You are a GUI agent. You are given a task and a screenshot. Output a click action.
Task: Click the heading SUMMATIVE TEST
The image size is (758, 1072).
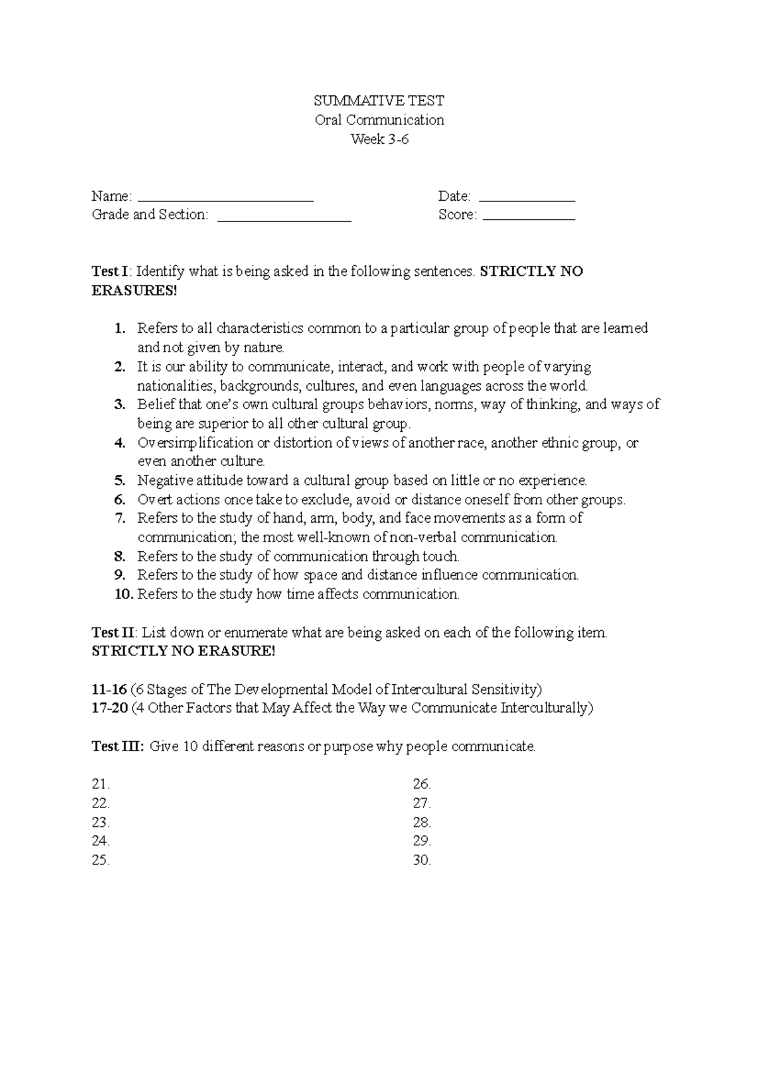(379, 101)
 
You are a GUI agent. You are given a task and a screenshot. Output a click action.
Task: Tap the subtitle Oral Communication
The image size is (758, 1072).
(379, 120)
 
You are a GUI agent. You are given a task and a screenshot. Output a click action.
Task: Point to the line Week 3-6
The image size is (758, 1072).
(379, 140)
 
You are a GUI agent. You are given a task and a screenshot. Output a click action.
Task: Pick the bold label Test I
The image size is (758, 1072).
(110, 272)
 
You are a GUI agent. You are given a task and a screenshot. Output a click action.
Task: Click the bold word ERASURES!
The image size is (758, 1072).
(135, 291)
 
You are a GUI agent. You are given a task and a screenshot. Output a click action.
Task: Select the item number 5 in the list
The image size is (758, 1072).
(120, 481)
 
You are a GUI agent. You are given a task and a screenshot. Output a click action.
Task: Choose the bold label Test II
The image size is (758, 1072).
(113, 633)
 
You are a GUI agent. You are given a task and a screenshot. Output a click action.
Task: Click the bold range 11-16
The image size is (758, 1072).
(109, 689)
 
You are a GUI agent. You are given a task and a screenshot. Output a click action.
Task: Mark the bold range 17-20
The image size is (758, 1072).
(109, 708)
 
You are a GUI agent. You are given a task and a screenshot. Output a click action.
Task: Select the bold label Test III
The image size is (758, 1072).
(117, 747)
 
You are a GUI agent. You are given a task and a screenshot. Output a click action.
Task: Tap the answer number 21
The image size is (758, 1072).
(100, 785)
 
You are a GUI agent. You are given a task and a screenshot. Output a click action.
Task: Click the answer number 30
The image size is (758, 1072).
(421, 861)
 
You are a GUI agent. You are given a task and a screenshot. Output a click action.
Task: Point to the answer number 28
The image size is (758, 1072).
(421, 823)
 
